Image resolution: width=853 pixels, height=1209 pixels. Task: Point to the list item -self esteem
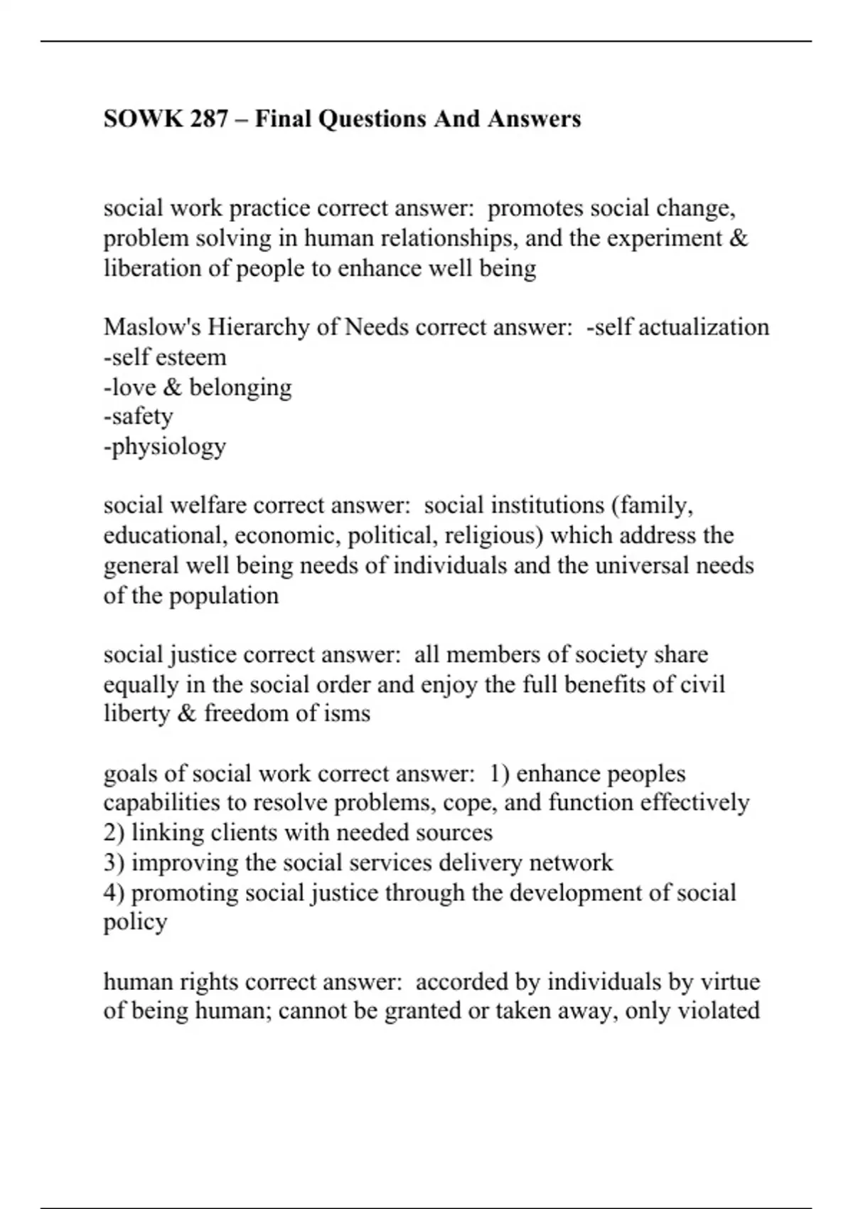tap(165, 357)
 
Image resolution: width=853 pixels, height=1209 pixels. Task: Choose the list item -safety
tap(138, 416)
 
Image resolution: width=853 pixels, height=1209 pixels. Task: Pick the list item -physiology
tap(165, 447)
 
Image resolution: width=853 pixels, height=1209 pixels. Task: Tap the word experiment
tap(665, 238)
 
